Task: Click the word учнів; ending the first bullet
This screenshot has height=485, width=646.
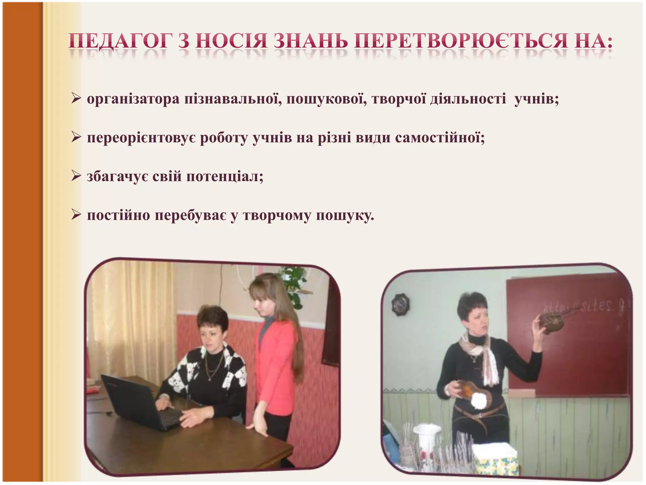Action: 537,99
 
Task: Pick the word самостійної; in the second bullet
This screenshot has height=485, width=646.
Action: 440,138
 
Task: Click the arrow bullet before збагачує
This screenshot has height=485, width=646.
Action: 76,176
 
